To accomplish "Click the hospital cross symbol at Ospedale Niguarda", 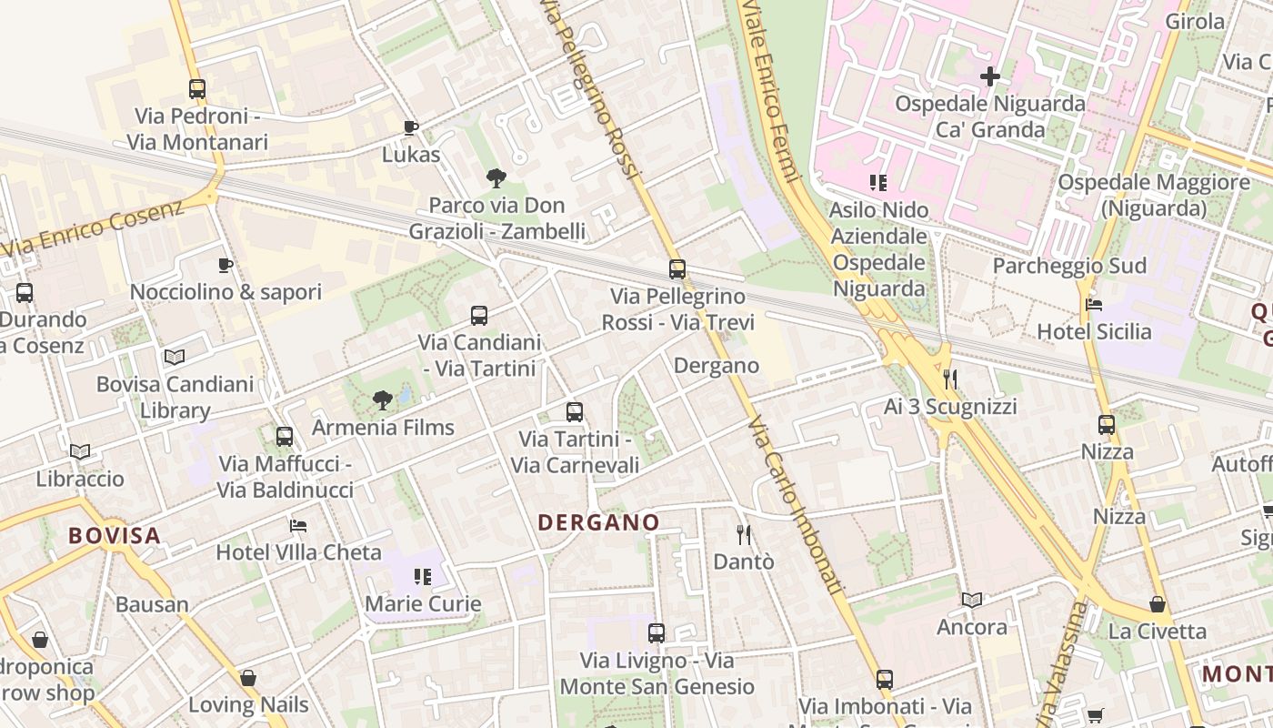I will (x=990, y=76).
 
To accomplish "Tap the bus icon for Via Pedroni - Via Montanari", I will (x=197, y=89).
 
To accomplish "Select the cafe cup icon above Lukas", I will (x=411, y=127).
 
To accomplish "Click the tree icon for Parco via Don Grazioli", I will (x=496, y=178).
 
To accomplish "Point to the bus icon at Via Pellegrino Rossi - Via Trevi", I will (x=677, y=269).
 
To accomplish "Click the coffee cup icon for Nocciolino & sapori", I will (x=226, y=266).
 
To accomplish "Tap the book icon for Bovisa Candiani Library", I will (x=175, y=358).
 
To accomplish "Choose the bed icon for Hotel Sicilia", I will (x=1094, y=305).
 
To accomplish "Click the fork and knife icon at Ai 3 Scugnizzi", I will (x=950, y=379).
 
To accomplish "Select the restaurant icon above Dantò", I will (x=744, y=535).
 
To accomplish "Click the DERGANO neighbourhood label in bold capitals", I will (x=598, y=522).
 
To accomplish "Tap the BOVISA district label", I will (x=115, y=535).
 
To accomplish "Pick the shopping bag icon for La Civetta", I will (x=1158, y=604).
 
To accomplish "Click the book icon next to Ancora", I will (x=972, y=601).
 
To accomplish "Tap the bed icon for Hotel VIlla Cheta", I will (x=298, y=526).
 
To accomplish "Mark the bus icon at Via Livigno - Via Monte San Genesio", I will (x=657, y=633).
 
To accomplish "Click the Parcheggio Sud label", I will (x=1069, y=266).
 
